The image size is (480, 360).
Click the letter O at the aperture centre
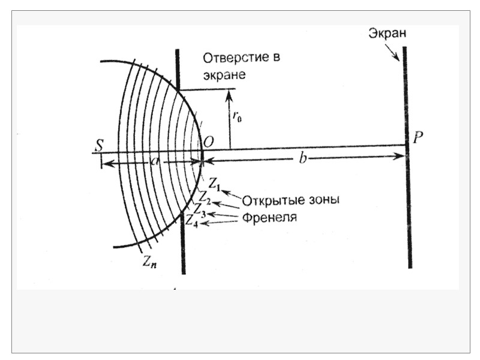click(x=209, y=142)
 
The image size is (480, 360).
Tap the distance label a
click(x=154, y=162)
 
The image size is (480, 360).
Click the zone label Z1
click(x=215, y=184)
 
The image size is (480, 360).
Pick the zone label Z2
click(x=205, y=196)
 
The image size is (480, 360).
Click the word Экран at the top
click(x=388, y=34)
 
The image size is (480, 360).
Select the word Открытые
click(x=270, y=200)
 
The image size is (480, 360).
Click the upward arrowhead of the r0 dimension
click(x=229, y=93)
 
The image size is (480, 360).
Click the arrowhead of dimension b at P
click(x=398, y=157)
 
